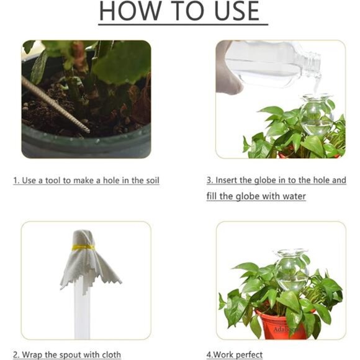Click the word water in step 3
(x=293, y=197)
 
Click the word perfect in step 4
(x=248, y=355)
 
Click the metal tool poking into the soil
(x=56, y=105)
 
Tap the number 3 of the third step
(x=209, y=181)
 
